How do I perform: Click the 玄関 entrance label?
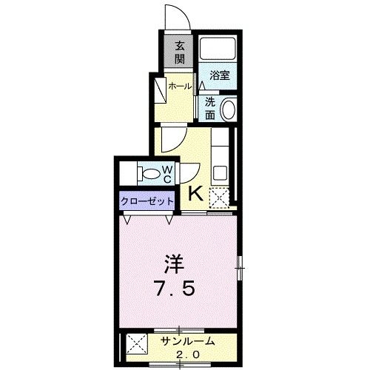point(179,52)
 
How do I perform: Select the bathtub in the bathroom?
point(216,50)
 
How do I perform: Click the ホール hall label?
point(181,86)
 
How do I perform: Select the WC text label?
point(167,175)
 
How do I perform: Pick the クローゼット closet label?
point(147,201)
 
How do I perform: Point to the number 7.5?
point(175,287)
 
